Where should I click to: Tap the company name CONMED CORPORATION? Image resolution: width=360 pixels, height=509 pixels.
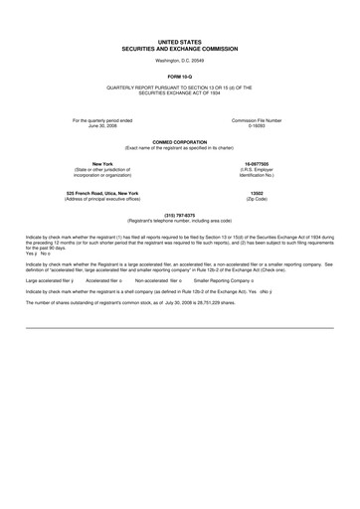(180, 142)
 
